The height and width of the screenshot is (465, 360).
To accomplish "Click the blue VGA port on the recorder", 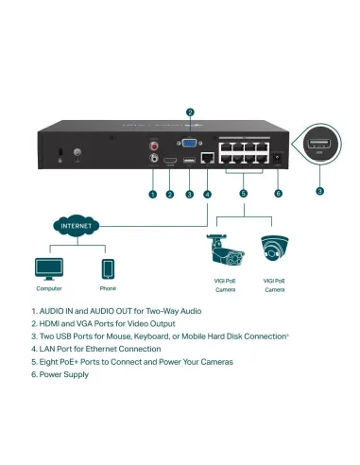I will [x=189, y=143].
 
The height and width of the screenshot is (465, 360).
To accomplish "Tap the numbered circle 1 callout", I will [x=152, y=194].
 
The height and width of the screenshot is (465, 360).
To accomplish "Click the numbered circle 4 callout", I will [x=207, y=194].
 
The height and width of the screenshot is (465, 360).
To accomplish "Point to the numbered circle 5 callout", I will [x=243, y=194].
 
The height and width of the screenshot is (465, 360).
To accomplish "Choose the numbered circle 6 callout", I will [x=278, y=194].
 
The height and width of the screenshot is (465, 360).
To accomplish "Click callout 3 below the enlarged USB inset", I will [x=319, y=190].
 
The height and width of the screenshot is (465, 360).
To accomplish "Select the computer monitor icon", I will [x=49, y=267].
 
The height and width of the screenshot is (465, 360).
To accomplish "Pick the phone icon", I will [x=108, y=267].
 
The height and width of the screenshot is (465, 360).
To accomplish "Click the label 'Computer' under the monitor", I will [x=49, y=288].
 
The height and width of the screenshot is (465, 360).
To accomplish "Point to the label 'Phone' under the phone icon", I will [x=108, y=288].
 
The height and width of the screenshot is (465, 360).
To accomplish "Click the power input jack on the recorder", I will [x=277, y=158].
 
